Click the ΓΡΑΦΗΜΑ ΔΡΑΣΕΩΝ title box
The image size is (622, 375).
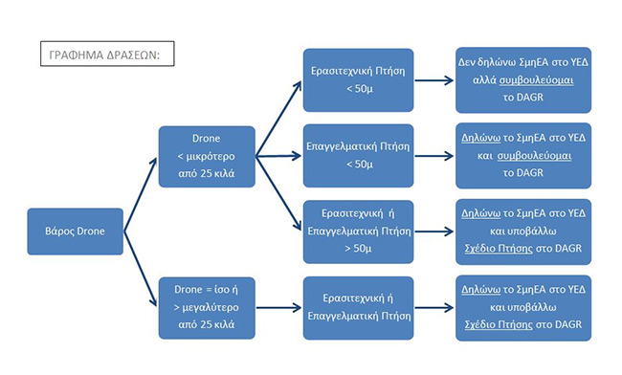pos(107,54)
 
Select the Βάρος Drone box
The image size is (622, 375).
pos(75,232)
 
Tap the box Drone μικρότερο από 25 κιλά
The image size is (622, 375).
pos(207,157)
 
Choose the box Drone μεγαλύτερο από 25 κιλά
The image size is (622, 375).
pos(207,308)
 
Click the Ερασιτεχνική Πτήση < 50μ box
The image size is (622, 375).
pos(358,80)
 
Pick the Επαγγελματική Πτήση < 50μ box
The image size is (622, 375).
pos(358,156)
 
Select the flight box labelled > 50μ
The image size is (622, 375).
pos(358,232)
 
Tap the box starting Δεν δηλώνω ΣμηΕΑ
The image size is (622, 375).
pos(523,80)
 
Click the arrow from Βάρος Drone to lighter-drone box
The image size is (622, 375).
pos(141,194)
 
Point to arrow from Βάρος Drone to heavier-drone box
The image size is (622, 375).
pos(141,269)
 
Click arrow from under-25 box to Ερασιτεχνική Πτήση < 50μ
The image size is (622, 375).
pos(278,119)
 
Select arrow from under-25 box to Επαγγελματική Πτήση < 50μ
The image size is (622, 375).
pos(278,156)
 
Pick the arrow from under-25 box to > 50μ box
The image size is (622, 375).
pos(278,193)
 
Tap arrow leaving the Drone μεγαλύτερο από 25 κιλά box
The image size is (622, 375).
pos(278,308)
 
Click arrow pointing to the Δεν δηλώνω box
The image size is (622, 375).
pos(434,80)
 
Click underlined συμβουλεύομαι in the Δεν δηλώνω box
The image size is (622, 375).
pos(536,80)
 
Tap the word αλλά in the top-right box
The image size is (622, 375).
pos(484,80)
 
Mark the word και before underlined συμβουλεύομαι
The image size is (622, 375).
pos(485,156)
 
